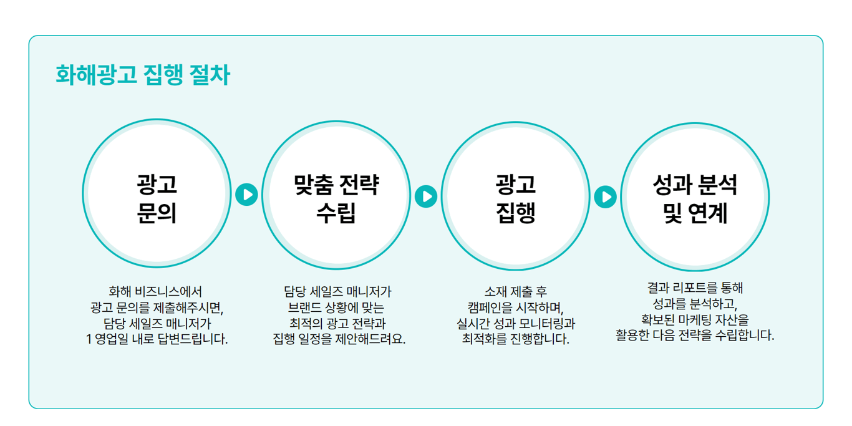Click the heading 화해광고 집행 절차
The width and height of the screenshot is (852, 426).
(x=143, y=75)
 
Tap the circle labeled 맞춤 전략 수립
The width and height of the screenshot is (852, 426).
(x=336, y=195)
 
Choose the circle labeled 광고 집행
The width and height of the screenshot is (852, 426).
(x=516, y=196)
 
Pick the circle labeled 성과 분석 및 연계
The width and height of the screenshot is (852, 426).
(x=695, y=197)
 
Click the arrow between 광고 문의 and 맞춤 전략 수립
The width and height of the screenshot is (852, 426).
(x=246, y=195)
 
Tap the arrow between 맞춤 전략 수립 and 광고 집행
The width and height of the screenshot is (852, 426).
(x=426, y=196)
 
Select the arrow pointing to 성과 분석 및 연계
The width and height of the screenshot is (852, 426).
(x=605, y=197)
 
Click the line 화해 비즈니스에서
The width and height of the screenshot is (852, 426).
(x=155, y=291)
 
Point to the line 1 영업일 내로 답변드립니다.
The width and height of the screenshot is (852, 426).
(x=157, y=340)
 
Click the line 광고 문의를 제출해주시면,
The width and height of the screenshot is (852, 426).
(x=157, y=307)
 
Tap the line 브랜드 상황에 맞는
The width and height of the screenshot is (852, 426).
(x=336, y=307)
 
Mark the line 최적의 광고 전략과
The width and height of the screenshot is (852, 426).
(x=337, y=324)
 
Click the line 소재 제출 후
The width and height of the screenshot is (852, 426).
(x=515, y=291)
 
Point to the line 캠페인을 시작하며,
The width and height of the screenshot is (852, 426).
(x=515, y=307)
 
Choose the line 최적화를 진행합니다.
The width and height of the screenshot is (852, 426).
(x=515, y=340)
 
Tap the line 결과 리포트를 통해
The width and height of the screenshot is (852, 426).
(x=695, y=288)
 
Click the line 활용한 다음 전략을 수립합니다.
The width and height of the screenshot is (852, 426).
(x=695, y=336)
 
